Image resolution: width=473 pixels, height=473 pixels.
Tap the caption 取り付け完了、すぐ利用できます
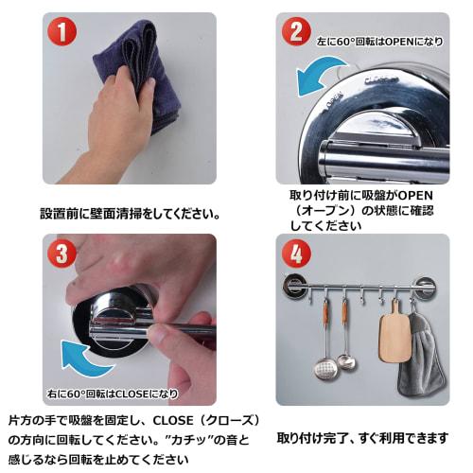click(x=363, y=438)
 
